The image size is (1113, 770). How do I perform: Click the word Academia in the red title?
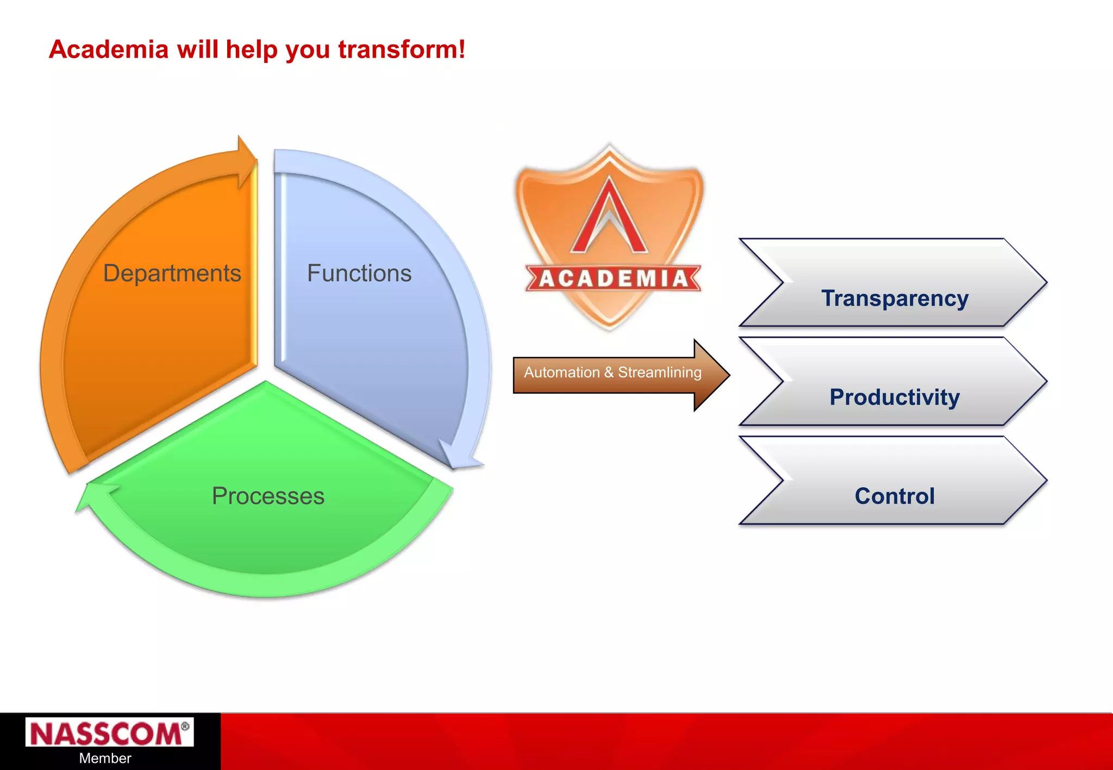click(109, 49)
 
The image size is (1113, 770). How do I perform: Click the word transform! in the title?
click(402, 49)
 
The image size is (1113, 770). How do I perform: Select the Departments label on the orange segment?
click(172, 273)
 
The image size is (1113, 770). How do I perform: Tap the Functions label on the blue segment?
click(359, 273)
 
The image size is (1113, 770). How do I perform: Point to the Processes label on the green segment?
click(268, 496)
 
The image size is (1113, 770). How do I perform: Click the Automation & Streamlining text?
click(612, 373)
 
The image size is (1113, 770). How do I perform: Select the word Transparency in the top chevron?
click(895, 298)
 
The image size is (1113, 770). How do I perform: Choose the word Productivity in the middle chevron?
click(895, 397)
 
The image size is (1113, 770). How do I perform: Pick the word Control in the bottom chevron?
click(895, 496)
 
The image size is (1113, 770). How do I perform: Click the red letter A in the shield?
click(609, 217)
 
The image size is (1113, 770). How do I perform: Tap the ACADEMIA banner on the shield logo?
click(613, 279)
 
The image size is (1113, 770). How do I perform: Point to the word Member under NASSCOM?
click(105, 758)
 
